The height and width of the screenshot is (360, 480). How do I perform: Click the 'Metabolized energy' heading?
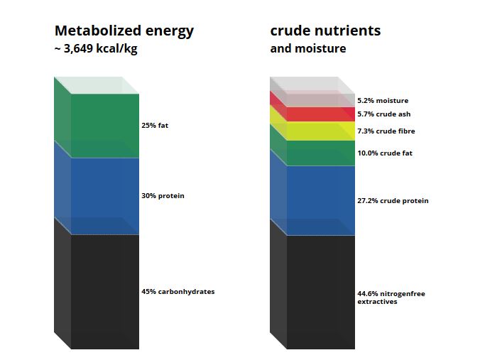(x=124, y=31)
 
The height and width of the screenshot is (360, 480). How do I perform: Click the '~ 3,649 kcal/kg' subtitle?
(x=96, y=48)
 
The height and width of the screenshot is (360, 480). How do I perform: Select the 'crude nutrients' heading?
(x=325, y=31)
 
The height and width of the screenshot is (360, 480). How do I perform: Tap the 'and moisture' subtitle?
(x=308, y=48)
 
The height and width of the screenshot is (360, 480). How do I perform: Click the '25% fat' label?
(x=155, y=125)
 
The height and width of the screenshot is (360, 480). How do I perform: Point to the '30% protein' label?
(x=163, y=195)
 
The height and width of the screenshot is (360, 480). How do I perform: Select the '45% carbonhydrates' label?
(x=178, y=291)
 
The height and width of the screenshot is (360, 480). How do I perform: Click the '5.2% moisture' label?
(x=383, y=100)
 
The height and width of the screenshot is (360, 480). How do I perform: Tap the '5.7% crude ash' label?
(x=384, y=114)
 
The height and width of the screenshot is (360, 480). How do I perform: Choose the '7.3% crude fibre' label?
(x=386, y=131)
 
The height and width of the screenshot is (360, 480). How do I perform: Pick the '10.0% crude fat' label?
(x=385, y=153)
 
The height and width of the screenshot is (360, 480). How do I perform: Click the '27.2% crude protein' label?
(x=393, y=201)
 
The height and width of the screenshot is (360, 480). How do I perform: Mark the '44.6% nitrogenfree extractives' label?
(x=391, y=298)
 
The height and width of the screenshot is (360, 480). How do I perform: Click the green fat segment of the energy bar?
(x=105, y=126)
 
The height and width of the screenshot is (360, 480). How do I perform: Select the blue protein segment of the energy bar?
(x=105, y=196)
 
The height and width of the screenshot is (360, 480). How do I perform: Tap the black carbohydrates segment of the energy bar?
(x=105, y=292)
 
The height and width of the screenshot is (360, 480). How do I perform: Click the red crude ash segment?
(x=321, y=114)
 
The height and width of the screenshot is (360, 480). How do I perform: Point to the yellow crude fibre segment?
(x=321, y=131)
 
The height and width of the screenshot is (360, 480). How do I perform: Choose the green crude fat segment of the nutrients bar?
(x=321, y=153)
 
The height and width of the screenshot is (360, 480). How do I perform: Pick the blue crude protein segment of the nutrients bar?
(x=321, y=200)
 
